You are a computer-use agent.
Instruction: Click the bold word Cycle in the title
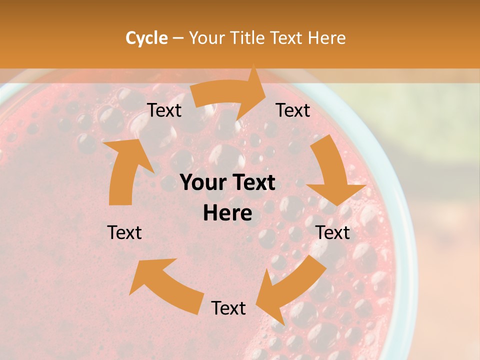pyautogui.click(x=146, y=38)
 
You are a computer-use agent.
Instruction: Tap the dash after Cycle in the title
pyautogui.click(x=178, y=38)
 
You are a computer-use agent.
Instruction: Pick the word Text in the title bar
pyautogui.click(x=288, y=38)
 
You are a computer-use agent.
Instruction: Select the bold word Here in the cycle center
pyautogui.click(x=227, y=213)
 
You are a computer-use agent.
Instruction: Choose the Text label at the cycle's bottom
pyautogui.click(x=228, y=308)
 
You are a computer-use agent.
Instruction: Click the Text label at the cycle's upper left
pyautogui.click(x=164, y=110)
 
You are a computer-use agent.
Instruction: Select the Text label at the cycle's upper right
pyautogui.click(x=293, y=110)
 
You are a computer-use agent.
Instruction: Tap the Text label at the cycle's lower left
pyautogui.click(x=124, y=232)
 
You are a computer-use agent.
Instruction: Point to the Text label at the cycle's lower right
pyautogui.click(x=333, y=232)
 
